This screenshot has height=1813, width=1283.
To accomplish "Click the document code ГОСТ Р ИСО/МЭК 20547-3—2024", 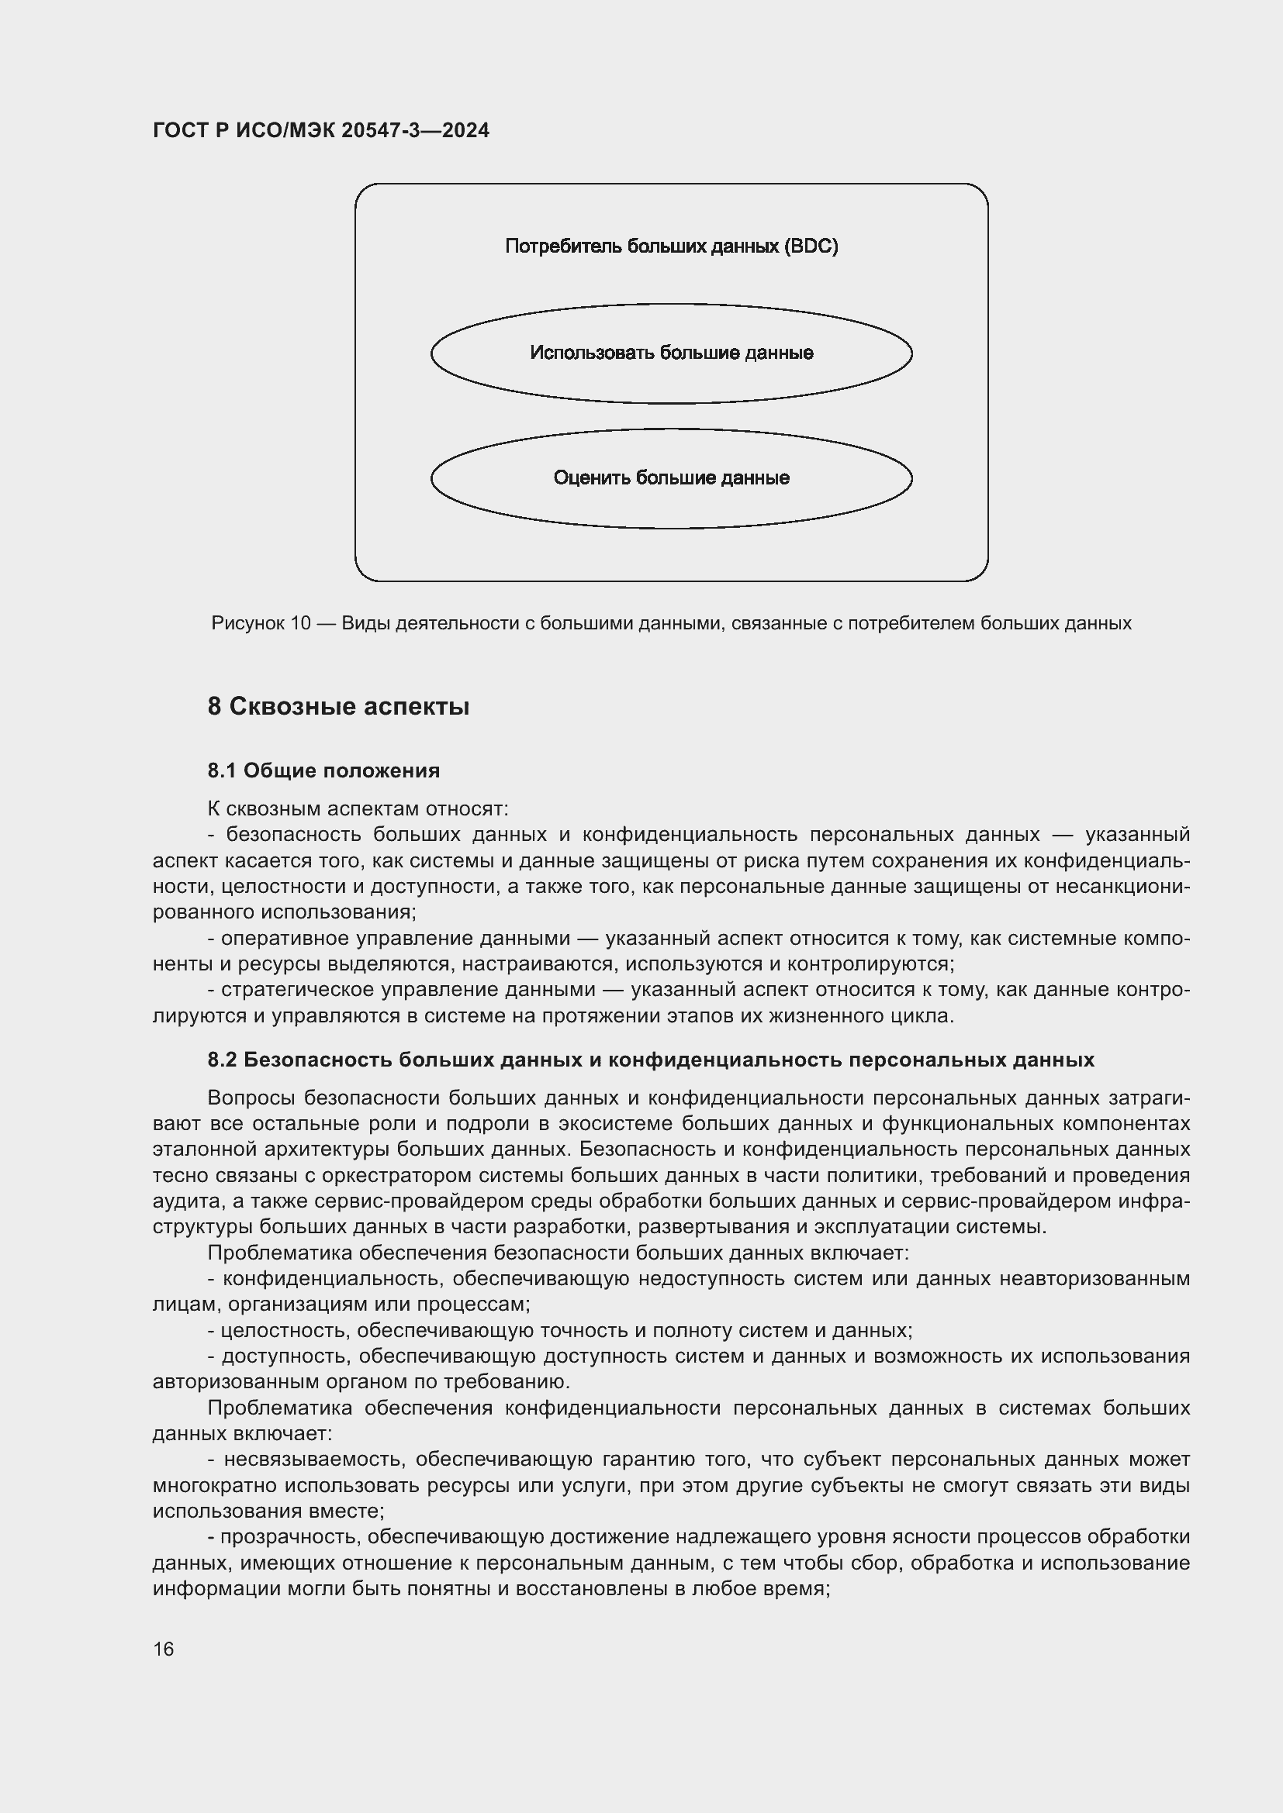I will coord(321,130).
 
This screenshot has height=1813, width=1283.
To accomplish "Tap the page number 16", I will coord(164,1649).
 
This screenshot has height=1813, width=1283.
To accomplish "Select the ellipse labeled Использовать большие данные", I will coord(671,353).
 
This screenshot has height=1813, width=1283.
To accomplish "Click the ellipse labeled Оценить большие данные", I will coord(671,478).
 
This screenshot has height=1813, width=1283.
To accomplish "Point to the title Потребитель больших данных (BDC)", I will coord(671,246).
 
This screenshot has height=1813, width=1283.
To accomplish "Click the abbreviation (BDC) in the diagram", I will coord(811,246).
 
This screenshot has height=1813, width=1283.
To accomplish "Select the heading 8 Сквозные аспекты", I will coord(338,706).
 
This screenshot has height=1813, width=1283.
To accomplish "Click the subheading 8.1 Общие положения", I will coord(323,770).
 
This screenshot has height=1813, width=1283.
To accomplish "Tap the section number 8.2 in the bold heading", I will coord(222,1060).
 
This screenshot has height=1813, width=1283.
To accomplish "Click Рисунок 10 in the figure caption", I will coord(261,623).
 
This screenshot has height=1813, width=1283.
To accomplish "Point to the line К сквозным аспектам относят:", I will coord(358,808).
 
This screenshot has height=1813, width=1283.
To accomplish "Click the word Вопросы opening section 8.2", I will coord(251,1098).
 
